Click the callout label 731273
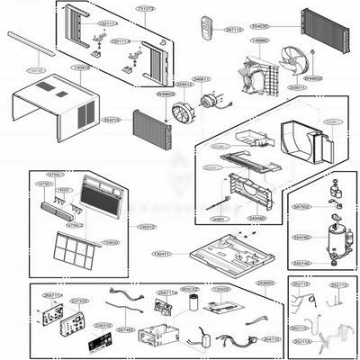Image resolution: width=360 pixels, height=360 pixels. point(145,8)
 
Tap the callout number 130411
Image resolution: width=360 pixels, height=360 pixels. point(161,254)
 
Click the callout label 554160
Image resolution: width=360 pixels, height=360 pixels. point(301,238)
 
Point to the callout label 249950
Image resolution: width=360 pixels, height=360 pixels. point(265,283)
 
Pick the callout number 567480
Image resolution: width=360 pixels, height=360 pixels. point(125,329)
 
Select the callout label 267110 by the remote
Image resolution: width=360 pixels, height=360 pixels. point(233,29)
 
